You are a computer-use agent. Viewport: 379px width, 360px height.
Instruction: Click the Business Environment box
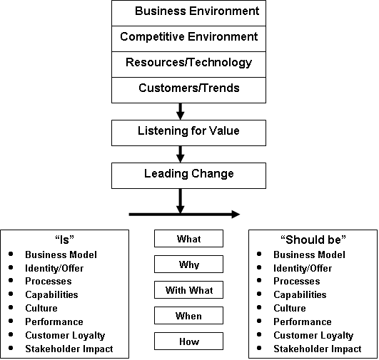[188, 13]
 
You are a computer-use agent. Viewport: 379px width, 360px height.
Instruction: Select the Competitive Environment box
[188, 38]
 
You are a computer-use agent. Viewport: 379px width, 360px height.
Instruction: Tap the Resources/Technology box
[188, 64]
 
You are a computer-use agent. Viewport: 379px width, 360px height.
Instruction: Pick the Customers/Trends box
[188, 90]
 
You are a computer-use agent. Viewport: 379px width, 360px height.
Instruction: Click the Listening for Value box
[188, 133]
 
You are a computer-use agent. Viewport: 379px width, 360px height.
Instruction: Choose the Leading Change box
[188, 175]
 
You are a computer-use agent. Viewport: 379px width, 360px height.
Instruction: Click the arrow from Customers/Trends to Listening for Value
[181, 111]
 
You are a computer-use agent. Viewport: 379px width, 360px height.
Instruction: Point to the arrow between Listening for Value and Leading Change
[181, 154]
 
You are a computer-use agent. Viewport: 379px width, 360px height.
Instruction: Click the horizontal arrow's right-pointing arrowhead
[236, 214]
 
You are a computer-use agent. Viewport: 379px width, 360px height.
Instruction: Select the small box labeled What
[188, 239]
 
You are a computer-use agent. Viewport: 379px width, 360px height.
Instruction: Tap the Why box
[188, 264]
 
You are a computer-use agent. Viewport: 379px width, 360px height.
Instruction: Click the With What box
[188, 289]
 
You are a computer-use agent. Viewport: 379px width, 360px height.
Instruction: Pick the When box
[188, 315]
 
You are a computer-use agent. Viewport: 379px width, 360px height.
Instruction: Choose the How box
[188, 341]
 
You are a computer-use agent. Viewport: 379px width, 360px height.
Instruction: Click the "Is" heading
[64, 240]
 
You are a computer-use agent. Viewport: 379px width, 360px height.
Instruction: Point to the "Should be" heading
[313, 240]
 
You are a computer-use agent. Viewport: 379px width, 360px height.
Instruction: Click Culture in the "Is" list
[41, 308]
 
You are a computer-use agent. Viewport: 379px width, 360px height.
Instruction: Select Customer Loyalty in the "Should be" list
[313, 335]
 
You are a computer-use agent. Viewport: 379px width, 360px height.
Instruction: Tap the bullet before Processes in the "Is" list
[11, 280]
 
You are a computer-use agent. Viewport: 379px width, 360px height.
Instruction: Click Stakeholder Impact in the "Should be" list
[318, 349]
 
